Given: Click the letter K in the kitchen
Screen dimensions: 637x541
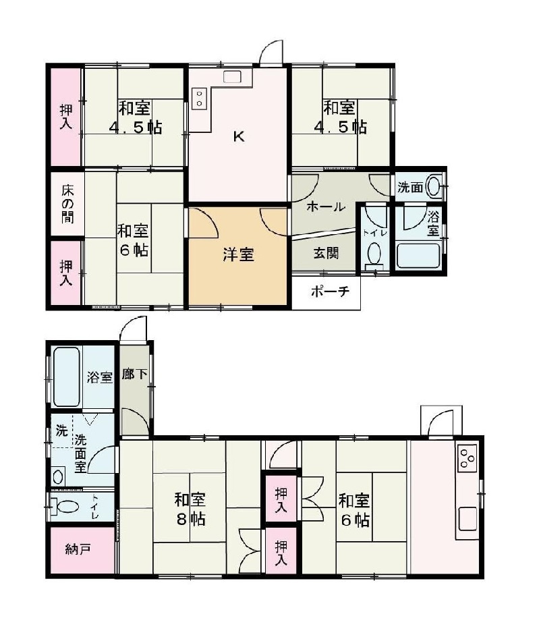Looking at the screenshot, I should coord(239,137).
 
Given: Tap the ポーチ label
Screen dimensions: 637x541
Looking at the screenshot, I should coord(330,292).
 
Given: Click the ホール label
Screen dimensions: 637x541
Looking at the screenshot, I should coord(326,207).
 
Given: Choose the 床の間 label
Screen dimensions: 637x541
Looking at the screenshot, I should coord(68,204).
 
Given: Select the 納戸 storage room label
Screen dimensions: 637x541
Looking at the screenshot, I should coord(78,549).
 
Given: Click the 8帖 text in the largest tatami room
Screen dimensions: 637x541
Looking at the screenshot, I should coord(190,520).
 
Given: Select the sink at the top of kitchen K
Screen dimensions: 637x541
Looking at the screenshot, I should coord(232,78).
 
